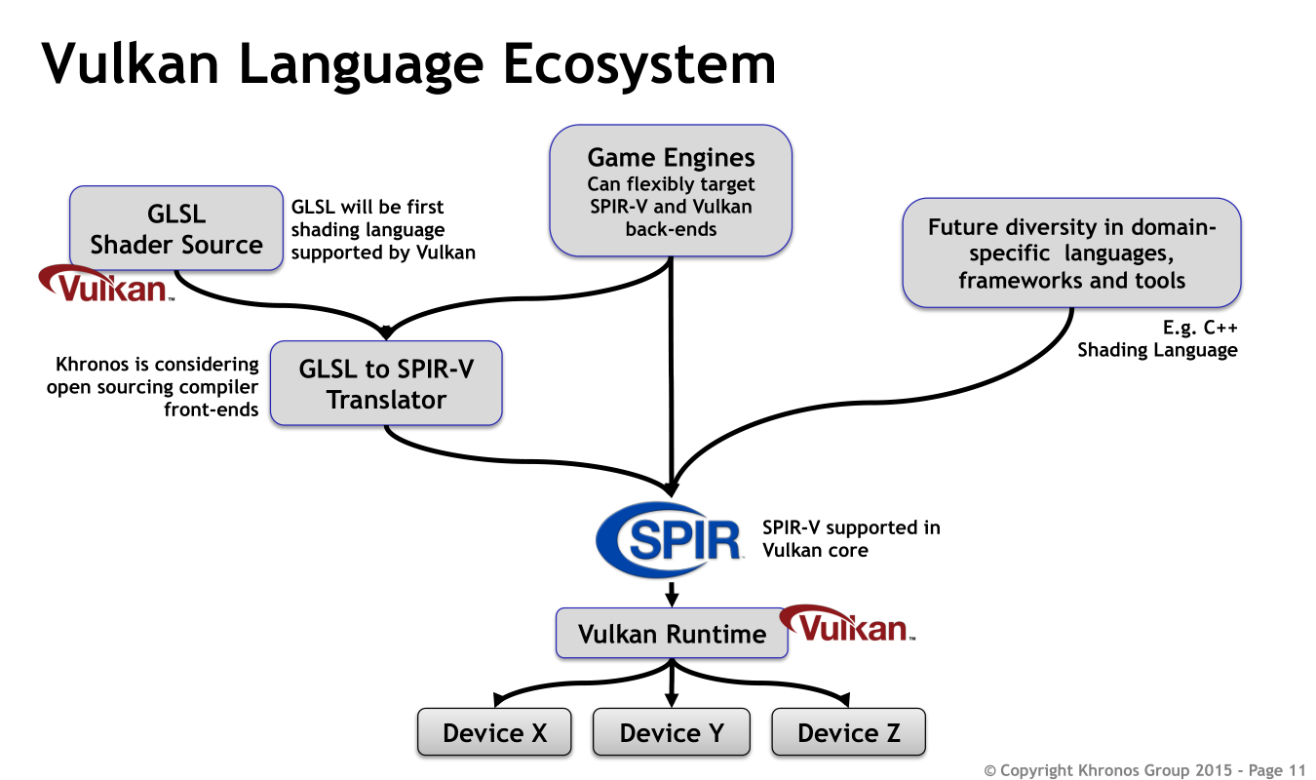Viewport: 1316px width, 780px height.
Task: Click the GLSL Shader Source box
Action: click(x=176, y=230)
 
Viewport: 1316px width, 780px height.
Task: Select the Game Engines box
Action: click(x=671, y=190)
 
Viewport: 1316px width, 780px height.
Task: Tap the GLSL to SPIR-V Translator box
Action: click(x=386, y=382)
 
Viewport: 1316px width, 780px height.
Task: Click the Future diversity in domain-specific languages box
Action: click(x=1071, y=253)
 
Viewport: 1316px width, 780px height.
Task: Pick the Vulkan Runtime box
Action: click(x=672, y=634)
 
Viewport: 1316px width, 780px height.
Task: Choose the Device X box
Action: click(x=495, y=732)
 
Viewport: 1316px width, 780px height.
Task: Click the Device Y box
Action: click(x=672, y=732)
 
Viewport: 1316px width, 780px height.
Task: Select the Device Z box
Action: click(x=848, y=732)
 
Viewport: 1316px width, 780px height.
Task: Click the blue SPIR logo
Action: click(x=671, y=540)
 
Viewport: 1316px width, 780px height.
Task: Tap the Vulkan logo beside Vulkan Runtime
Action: click(x=848, y=624)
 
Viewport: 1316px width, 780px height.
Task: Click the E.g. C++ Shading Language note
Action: click(x=1157, y=338)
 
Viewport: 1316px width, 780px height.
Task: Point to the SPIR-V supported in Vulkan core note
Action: click(x=851, y=539)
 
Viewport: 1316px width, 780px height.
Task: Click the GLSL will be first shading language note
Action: click(x=383, y=230)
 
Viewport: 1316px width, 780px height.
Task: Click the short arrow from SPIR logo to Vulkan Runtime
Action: click(x=672, y=593)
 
